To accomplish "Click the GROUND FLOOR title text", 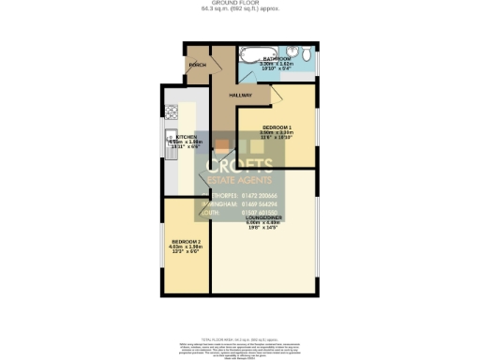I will tap(240, 3).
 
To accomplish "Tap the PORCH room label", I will tap(198, 65).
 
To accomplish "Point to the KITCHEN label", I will tap(187, 137).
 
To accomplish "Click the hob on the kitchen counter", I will tap(172, 112).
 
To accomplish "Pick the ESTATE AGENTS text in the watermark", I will tap(241, 183).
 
